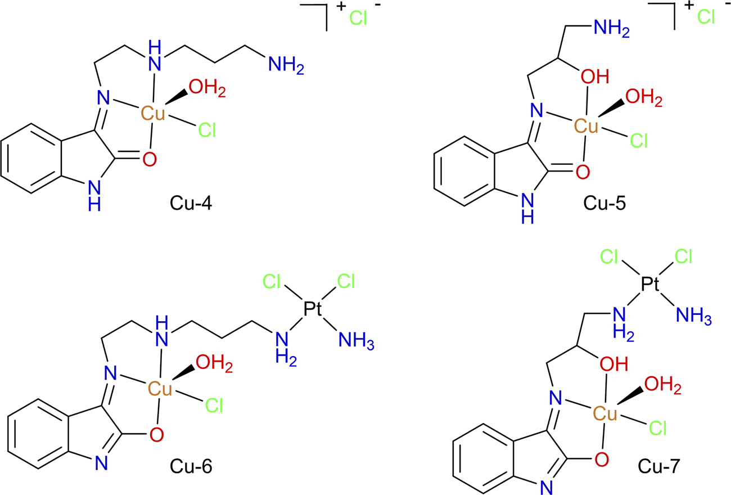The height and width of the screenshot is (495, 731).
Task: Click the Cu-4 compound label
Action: pos(191,203)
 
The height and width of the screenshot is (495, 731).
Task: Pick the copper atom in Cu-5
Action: pos(586,127)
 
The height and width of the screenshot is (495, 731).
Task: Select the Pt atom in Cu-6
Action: pos(313,308)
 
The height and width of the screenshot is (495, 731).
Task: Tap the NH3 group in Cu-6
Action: pos(354,341)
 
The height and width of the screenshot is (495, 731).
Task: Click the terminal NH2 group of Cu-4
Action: pos(286,65)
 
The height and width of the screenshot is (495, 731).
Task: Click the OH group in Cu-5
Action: pos(595,76)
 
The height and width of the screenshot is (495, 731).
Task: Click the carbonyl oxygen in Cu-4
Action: pos(149,160)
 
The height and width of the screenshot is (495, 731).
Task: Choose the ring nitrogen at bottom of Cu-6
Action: pos(101,462)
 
